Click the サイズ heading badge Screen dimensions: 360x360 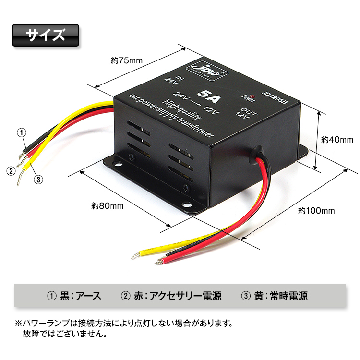click(x=45, y=35)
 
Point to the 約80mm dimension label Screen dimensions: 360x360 click(x=108, y=206)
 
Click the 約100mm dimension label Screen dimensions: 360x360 click(x=316, y=210)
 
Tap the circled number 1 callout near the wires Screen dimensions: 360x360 click(x=22, y=132)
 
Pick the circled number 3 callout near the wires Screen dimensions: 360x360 click(x=39, y=179)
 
